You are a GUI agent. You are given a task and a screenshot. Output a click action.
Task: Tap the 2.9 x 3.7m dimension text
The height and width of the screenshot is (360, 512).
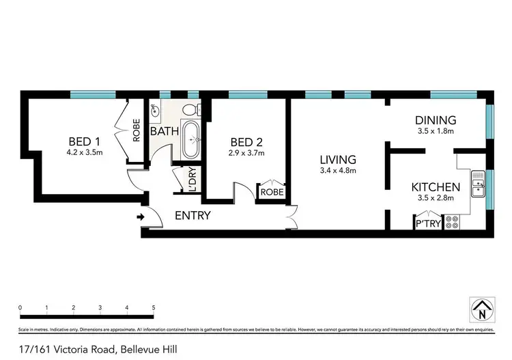246,153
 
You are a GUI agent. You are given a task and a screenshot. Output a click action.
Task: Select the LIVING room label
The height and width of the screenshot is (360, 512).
339,160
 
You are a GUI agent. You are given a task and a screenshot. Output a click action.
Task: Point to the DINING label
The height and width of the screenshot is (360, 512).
436,119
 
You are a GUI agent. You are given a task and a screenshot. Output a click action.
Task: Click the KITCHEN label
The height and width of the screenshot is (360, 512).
435,186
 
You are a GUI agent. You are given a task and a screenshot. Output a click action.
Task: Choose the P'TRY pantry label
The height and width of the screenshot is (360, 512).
427,223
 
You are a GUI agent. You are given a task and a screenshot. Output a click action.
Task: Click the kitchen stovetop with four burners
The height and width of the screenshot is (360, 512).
451,221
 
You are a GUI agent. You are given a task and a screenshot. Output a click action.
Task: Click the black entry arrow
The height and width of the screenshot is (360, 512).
141,218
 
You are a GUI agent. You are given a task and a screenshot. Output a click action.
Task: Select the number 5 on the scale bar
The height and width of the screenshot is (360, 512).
154,308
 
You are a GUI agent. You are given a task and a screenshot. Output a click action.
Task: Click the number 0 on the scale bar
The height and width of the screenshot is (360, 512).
20,308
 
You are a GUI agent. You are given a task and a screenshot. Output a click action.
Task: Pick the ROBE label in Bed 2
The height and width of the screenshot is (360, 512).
271,193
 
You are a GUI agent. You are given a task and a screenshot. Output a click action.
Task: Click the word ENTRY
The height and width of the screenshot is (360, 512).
193,216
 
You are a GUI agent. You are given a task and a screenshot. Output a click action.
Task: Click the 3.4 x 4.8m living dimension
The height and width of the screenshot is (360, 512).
339,171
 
